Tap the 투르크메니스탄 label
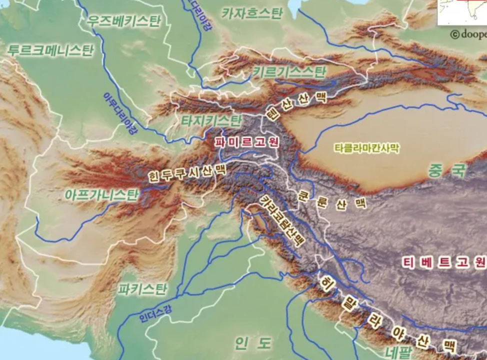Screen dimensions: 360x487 click(50, 50)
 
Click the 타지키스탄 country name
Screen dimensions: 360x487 click(211, 120)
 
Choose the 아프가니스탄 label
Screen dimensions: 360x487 click(100, 194)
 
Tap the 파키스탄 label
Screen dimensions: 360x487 click(143, 288)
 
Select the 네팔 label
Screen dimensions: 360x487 click(398, 350)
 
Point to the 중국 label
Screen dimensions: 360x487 click(446, 171)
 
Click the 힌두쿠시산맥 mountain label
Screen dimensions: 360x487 click(186, 174)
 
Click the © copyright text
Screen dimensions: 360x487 click(468, 34)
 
